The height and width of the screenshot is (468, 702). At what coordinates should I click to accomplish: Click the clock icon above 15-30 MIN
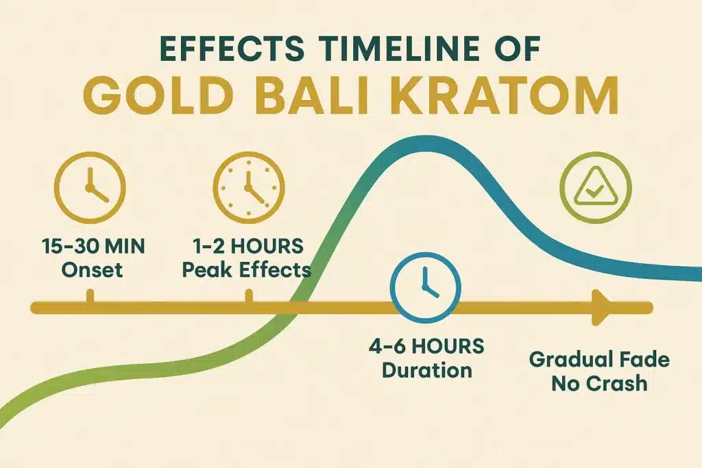pos(90,184)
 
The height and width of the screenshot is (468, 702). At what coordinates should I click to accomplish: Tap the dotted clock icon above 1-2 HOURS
pos(248,184)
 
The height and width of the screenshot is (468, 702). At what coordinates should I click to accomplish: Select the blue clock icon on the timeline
pos(425,287)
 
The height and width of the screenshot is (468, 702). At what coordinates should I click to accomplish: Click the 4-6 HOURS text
pos(426,346)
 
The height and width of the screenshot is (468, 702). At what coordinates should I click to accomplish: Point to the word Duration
pos(426,371)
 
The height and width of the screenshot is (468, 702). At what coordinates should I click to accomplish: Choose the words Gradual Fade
pos(599,359)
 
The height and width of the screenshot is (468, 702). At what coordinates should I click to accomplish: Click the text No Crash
pos(599,383)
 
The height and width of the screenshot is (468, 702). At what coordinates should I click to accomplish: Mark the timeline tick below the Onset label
pos(90,297)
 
